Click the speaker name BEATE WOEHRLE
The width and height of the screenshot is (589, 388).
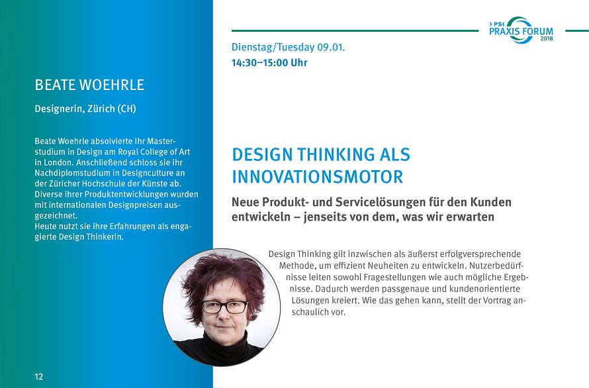[89, 85]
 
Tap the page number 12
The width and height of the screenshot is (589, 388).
[38, 377]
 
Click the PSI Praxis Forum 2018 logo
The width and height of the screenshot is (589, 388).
[521, 30]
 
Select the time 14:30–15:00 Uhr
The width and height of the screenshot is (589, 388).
[269, 62]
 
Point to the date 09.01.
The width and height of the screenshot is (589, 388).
[331, 48]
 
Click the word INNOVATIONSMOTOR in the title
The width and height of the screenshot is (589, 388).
[318, 177]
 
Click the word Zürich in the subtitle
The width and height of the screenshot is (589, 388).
[101, 109]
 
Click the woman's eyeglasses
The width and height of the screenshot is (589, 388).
[224, 307]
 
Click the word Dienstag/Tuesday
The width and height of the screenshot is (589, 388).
[273, 48]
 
